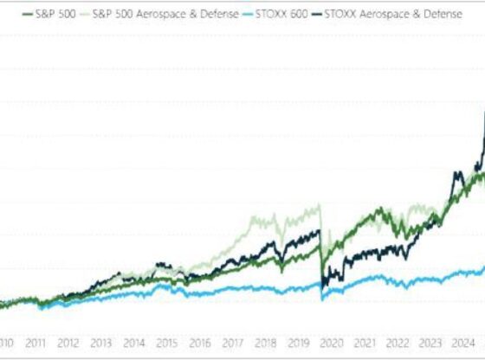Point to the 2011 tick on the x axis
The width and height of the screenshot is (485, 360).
(36, 342)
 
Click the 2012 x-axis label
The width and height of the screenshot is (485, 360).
(68, 342)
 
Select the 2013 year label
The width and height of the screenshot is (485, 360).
(101, 342)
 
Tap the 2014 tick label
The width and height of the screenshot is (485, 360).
(134, 342)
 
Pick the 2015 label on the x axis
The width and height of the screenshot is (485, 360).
(167, 342)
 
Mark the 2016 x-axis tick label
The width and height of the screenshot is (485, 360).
(200, 342)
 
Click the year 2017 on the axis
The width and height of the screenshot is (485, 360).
(233, 342)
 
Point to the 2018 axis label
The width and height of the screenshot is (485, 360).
(266, 342)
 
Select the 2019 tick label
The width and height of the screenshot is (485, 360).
(299, 342)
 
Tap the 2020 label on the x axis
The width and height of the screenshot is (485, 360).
(332, 342)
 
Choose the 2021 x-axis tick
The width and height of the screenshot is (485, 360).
(365, 342)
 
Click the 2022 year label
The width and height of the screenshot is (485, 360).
(398, 342)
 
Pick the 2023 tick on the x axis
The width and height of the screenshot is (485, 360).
(430, 342)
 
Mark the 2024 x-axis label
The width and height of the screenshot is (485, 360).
(463, 342)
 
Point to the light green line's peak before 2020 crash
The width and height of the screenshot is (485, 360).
(321, 205)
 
